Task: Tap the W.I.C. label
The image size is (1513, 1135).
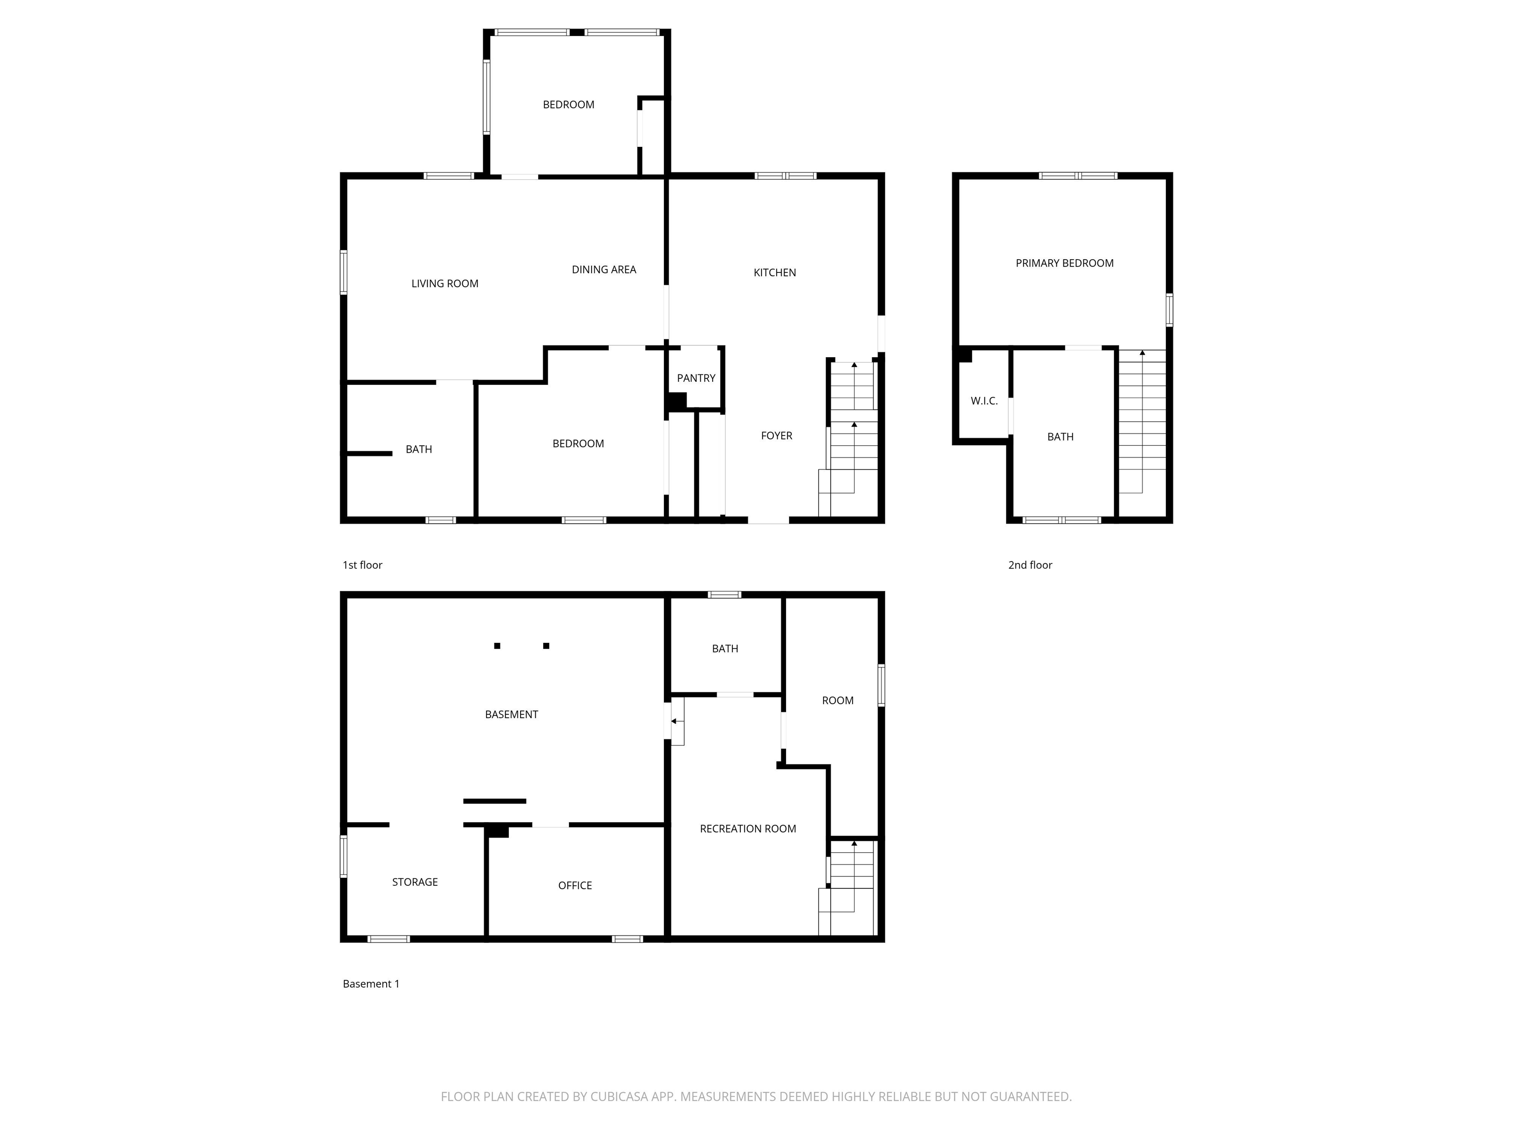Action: click(x=984, y=401)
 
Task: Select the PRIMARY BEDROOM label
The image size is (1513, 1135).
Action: click(x=1064, y=264)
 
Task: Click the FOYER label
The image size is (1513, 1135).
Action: click(x=776, y=436)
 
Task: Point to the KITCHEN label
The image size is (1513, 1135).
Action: click(x=774, y=273)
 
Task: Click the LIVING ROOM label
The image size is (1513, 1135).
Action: click(x=445, y=284)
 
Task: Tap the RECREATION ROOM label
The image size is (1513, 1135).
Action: click(x=748, y=829)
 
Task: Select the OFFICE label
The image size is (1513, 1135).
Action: click(x=575, y=886)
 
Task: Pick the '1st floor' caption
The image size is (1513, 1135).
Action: click(x=362, y=565)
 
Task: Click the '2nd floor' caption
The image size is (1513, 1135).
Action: click(x=1030, y=565)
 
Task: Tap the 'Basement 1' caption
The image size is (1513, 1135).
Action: click(x=371, y=984)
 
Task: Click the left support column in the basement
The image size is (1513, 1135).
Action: click(x=497, y=646)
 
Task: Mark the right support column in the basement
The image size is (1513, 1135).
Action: click(x=546, y=646)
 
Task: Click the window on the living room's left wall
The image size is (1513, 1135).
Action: click(x=343, y=272)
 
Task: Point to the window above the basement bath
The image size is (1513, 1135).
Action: click(x=724, y=595)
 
